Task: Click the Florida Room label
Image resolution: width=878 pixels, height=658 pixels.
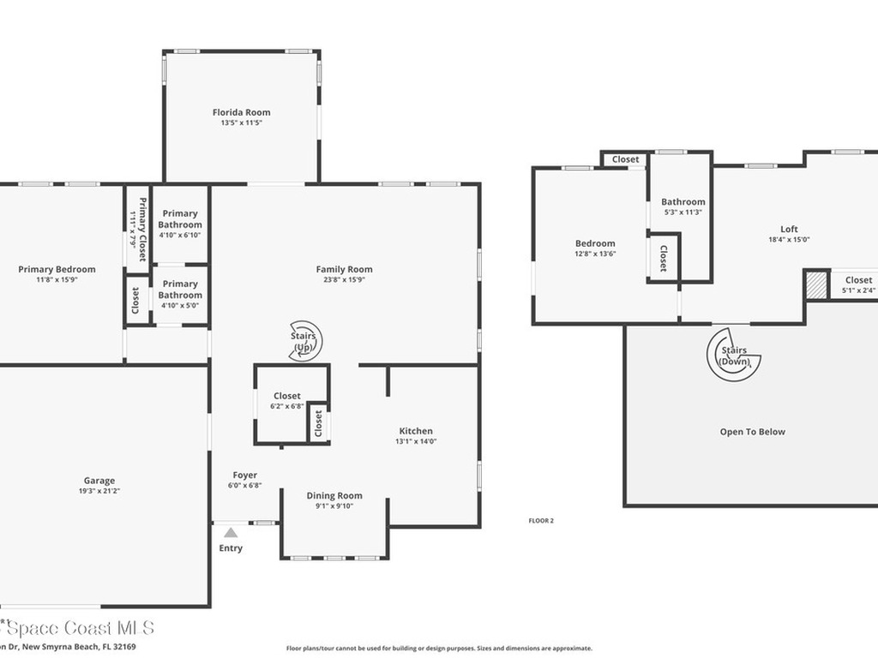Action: click(241, 112)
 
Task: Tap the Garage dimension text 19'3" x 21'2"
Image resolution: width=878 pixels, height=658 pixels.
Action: click(99, 492)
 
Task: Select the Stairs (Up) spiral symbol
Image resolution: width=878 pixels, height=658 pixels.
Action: click(305, 341)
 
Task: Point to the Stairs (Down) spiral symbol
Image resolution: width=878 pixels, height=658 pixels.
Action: click(734, 356)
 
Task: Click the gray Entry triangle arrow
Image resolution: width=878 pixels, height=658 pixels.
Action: click(231, 533)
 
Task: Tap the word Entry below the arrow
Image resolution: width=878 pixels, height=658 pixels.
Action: click(231, 548)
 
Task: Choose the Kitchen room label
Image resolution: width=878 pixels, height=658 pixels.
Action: click(416, 431)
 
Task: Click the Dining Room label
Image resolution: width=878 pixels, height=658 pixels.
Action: click(334, 495)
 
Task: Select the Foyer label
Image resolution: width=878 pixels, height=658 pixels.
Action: click(244, 476)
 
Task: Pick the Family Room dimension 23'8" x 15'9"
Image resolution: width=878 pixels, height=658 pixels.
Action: click(344, 280)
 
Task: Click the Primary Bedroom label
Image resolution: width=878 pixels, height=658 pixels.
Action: click(57, 269)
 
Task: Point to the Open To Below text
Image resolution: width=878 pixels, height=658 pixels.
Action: click(752, 432)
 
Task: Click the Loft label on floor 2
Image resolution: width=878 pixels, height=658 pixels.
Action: click(789, 229)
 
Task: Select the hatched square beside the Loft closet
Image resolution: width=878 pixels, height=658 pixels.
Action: click(816, 284)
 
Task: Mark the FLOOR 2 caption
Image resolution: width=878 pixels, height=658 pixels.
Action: click(541, 520)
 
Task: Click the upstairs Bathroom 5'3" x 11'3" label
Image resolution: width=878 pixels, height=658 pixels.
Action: click(683, 202)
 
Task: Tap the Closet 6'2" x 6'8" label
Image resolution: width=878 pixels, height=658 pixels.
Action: click(287, 396)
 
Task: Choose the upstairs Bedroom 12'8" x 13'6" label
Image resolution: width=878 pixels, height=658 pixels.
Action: click(595, 243)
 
